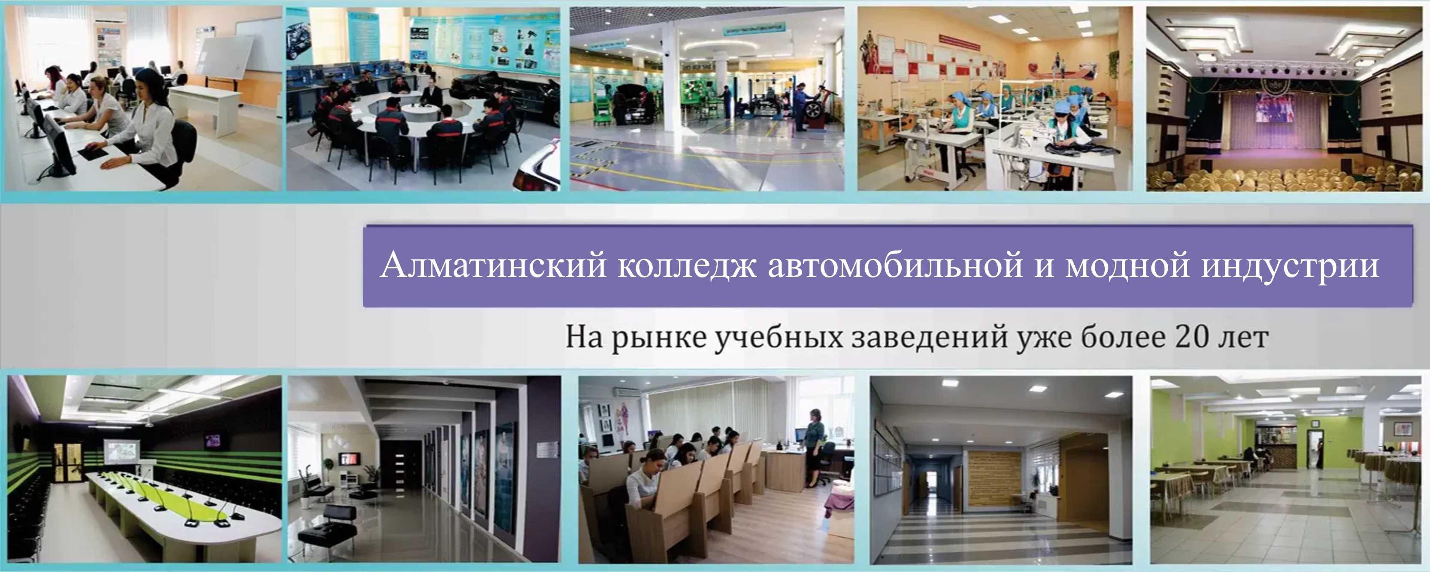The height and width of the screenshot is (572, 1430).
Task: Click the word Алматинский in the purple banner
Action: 494,265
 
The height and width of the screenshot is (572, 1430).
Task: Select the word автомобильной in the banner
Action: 895,265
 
